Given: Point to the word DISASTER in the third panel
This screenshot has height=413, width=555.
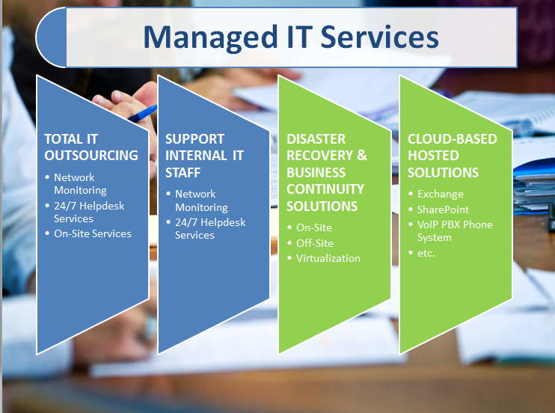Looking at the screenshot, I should [x=316, y=139].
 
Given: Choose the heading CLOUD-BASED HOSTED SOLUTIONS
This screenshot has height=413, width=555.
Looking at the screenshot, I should [x=452, y=156].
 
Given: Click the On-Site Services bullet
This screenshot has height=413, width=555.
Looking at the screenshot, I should [x=92, y=233].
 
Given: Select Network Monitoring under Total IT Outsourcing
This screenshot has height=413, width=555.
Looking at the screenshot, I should [x=80, y=184].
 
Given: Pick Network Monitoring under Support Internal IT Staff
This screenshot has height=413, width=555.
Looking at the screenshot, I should [x=201, y=201].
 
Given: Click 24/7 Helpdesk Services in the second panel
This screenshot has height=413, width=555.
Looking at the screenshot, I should [x=209, y=228].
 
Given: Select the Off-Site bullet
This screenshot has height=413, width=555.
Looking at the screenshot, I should [x=314, y=243].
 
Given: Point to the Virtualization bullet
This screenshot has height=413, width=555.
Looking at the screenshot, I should [x=328, y=258].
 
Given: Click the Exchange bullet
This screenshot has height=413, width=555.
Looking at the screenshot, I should [x=440, y=195].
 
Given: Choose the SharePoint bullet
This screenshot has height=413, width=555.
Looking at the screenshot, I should [x=443, y=209].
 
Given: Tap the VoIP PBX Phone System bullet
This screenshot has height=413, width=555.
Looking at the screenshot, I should [x=454, y=230].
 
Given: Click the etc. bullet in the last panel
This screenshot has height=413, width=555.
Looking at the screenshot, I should [x=426, y=253].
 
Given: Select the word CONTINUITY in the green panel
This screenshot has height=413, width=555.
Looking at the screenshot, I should [x=325, y=189].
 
